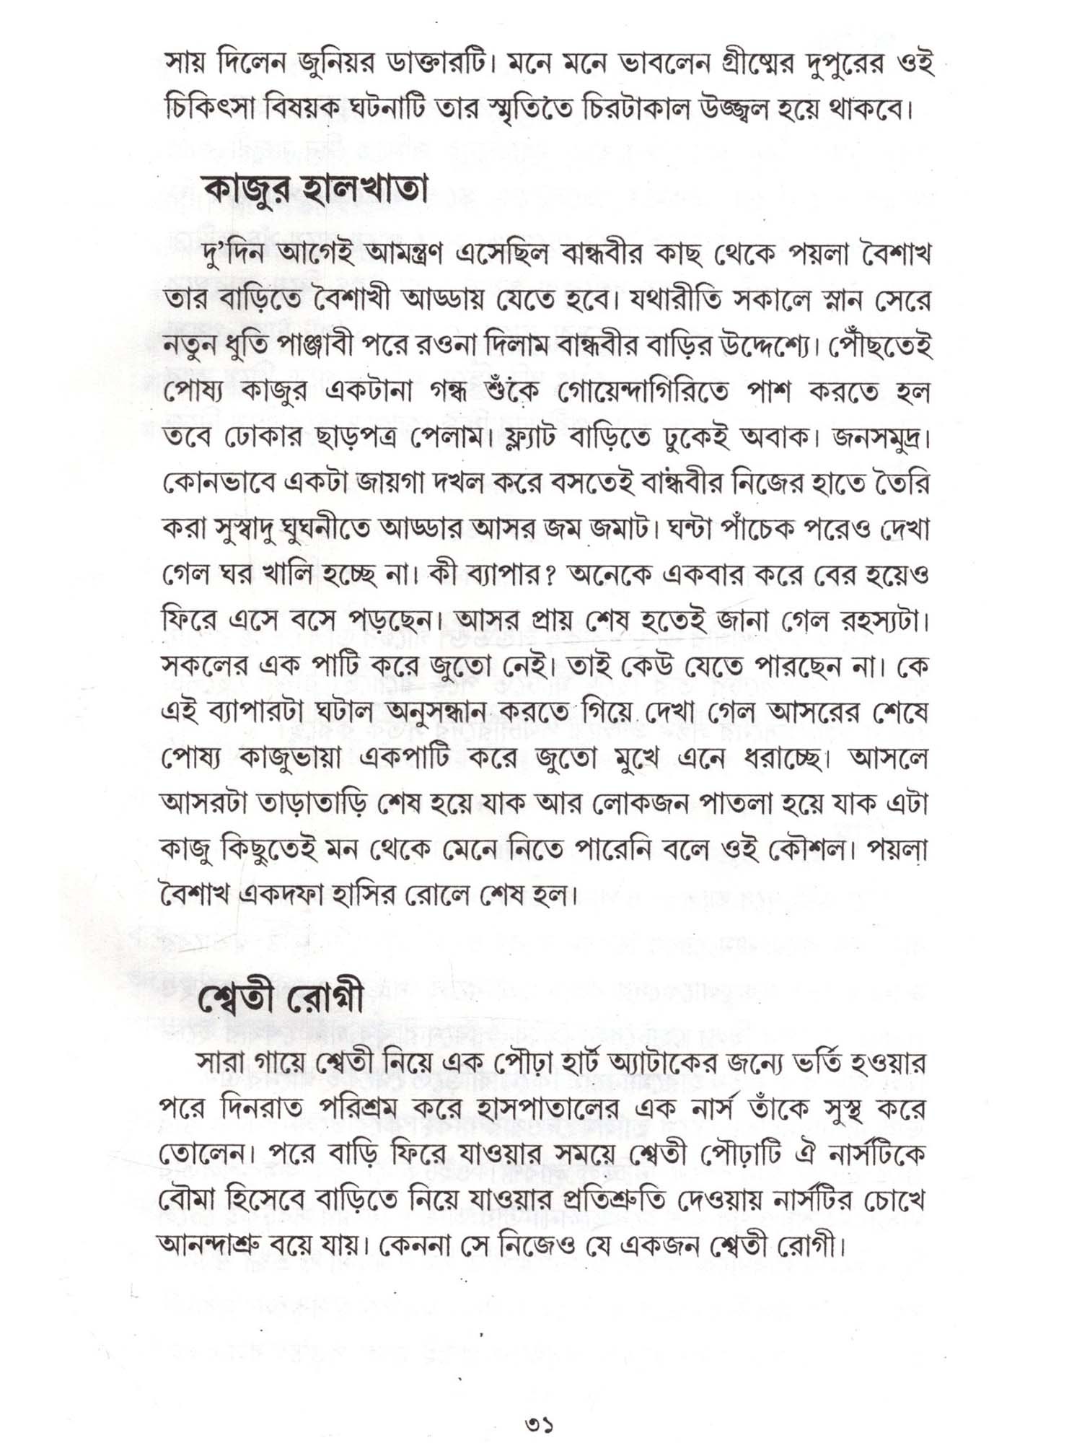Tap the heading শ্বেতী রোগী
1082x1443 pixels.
(x=281, y=1000)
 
